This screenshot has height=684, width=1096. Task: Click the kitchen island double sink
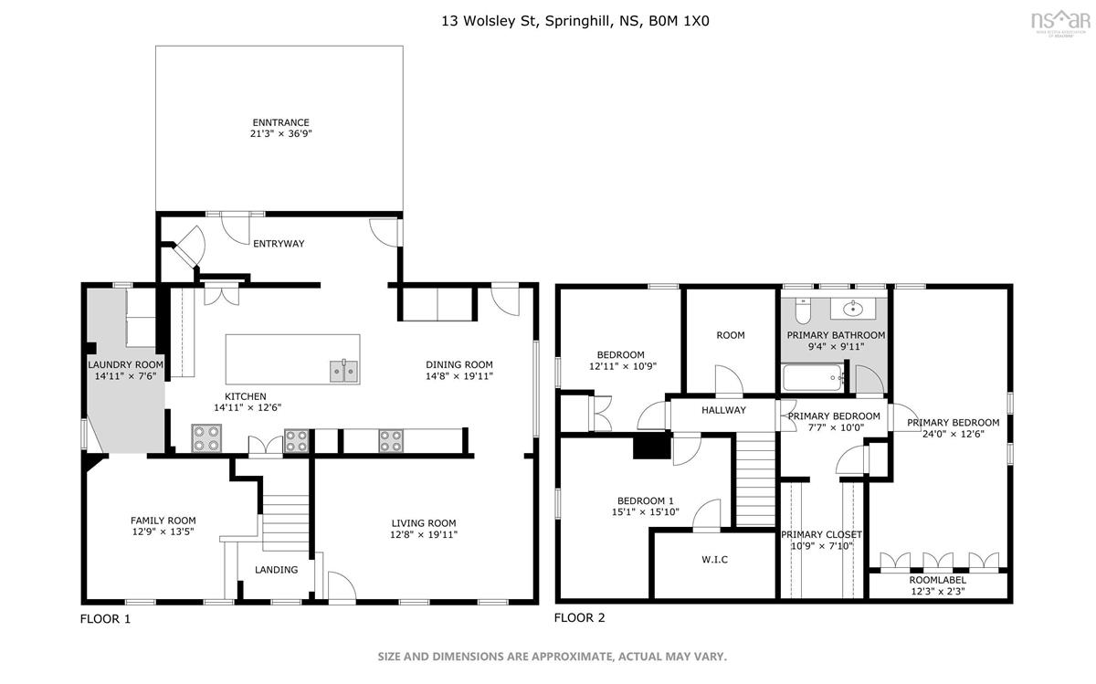(x=344, y=371)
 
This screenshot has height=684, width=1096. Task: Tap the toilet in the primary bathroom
(x=803, y=310)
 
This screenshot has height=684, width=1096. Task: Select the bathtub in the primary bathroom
(x=812, y=378)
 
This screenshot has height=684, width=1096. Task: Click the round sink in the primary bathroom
(x=853, y=309)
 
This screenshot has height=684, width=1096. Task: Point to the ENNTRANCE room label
(x=281, y=122)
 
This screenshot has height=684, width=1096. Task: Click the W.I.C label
(x=714, y=559)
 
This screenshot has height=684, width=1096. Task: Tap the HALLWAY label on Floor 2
(x=723, y=410)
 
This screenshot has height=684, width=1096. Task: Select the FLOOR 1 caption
(x=105, y=619)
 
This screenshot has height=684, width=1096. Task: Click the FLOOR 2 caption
(x=579, y=617)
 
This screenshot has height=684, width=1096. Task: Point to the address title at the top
(x=575, y=21)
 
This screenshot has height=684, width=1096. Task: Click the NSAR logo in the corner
(x=1060, y=24)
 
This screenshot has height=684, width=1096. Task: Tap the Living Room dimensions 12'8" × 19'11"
(x=424, y=534)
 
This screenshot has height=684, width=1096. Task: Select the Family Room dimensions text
(x=163, y=531)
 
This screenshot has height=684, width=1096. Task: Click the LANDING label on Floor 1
(x=277, y=570)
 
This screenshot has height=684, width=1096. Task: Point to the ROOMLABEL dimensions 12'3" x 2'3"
(x=938, y=591)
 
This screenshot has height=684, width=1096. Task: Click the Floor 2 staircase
(x=756, y=479)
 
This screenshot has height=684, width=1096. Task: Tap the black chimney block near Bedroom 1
(x=652, y=447)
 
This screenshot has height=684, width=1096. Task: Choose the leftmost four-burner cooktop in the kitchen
(x=206, y=438)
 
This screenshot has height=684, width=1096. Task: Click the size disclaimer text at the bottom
(x=552, y=657)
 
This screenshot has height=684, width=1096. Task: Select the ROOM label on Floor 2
(x=731, y=335)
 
